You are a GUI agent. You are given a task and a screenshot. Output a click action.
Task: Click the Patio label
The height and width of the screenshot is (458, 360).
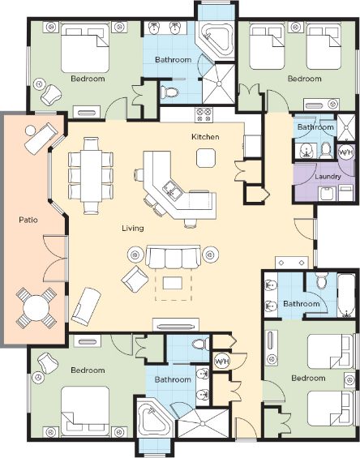click(x=28, y=220)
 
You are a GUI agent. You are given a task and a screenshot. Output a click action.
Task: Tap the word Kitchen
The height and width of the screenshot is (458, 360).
click(x=205, y=136)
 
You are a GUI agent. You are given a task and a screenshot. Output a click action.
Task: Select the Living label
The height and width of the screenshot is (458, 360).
click(x=133, y=228)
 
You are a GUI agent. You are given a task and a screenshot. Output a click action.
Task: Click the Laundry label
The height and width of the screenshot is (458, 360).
click(x=328, y=177)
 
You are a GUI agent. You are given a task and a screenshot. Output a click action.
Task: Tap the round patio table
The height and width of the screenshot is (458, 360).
click(x=36, y=307)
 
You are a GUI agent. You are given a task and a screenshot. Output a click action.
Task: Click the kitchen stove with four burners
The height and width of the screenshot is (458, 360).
click(x=204, y=115)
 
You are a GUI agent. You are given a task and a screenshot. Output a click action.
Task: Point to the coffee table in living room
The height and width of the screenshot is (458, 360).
click(x=173, y=283)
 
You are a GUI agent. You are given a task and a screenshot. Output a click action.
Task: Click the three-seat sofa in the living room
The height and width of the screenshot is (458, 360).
click(x=173, y=256)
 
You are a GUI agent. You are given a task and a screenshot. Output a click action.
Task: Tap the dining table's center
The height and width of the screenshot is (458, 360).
click(x=91, y=176)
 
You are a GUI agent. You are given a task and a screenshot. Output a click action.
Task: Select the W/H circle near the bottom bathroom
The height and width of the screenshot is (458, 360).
click(x=222, y=362)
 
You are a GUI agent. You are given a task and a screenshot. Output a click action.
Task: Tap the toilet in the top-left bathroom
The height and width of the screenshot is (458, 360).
click(x=169, y=92)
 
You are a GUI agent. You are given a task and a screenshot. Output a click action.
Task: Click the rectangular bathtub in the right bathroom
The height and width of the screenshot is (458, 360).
click(x=346, y=295)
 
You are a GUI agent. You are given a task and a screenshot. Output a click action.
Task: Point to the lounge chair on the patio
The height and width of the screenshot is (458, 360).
click(x=41, y=137)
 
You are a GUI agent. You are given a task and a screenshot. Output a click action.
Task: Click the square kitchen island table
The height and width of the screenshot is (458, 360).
click(x=206, y=158)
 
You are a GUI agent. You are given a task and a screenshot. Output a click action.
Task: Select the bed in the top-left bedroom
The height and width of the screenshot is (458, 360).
click(x=85, y=48)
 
